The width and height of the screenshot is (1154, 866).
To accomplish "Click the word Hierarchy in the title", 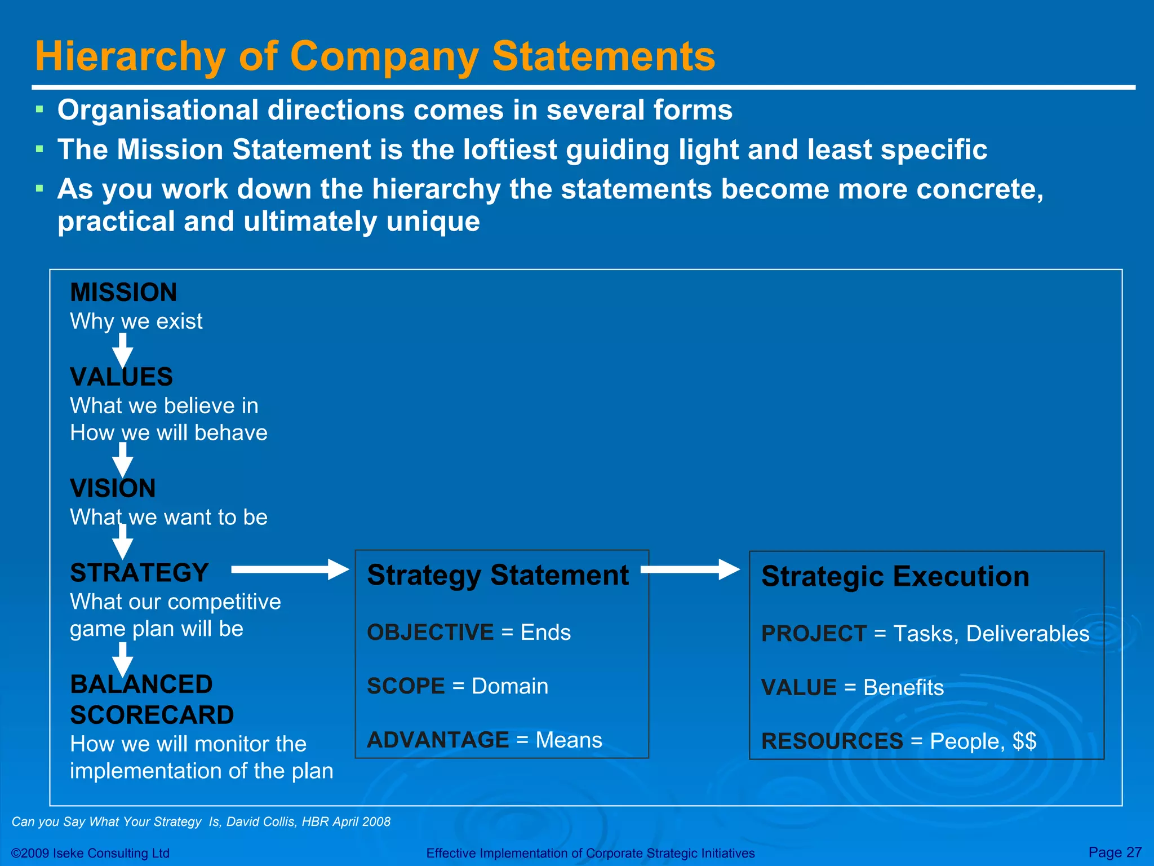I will tap(130, 57).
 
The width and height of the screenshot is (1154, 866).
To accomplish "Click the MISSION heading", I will tap(123, 293).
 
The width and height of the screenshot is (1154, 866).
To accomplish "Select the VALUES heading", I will tap(121, 377).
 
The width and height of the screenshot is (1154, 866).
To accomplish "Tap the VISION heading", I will tap(113, 488).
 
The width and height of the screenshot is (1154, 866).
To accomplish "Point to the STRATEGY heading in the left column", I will tap(139, 573).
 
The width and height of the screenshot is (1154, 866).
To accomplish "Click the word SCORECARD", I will tap(152, 715).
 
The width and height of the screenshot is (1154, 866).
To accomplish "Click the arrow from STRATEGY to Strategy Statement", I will tap(290, 569).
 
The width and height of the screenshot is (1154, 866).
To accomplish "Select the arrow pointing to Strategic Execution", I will tap(690, 569).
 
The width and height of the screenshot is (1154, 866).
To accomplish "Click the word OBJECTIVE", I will tap(430, 633).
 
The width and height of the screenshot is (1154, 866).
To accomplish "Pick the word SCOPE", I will tap(406, 686).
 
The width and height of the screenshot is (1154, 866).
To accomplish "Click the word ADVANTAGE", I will tap(438, 740).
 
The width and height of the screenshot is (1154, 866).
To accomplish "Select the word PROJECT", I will tap(813, 634).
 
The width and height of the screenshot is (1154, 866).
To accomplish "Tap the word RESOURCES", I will tap(832, 741).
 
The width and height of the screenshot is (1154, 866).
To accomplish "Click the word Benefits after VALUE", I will tap(903, 688).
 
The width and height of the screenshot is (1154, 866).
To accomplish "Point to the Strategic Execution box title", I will tap(895, 577).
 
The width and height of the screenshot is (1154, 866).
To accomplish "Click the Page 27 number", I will tap(1115, 852).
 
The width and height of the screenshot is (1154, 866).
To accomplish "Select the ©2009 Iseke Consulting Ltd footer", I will tap(90, 853).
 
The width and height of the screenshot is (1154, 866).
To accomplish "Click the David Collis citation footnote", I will tap(201, 821).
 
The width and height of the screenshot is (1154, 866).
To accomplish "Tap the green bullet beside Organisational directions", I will tap(39, 109).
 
